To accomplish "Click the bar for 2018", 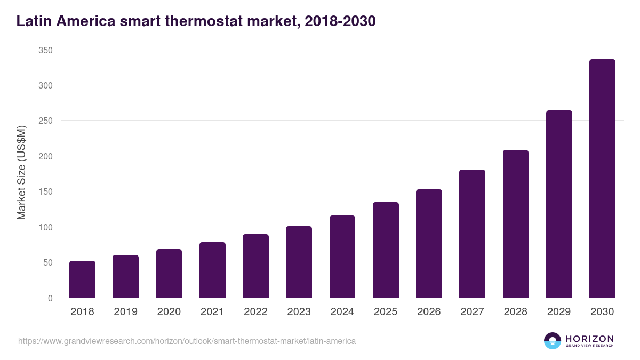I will (82, 279).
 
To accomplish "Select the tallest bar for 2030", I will (602, 179).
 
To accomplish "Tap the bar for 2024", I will (342, 257).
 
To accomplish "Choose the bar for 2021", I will (212, 270).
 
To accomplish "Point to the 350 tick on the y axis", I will (45, 50).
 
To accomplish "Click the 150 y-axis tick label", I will (45, 191).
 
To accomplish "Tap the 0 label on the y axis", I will (50, 298).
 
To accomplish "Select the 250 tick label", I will (45, 121).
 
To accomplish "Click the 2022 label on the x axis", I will (255, 312).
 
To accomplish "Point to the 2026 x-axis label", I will (429, 312).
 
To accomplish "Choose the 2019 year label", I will (125, 312).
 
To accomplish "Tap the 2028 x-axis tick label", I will (516, 312).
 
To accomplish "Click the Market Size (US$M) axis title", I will (22, 173).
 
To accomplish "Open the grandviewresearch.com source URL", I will (187, 341).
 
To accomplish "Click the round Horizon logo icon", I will (553, 341).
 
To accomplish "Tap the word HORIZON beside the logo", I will (589, 339).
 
